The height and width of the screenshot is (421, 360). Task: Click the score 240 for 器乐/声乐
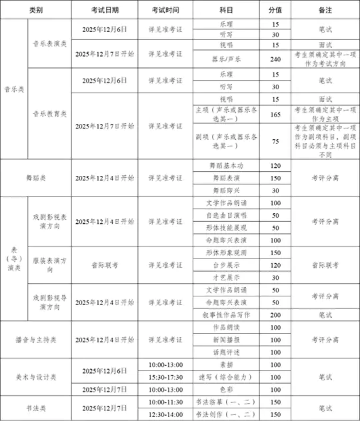point(275,59)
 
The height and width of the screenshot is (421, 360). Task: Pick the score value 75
point(275,141)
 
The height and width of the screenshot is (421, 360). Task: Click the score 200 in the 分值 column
point(275,314)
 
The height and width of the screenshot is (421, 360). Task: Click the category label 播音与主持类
point(35,340)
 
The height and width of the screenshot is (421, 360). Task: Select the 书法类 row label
point(35,408)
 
